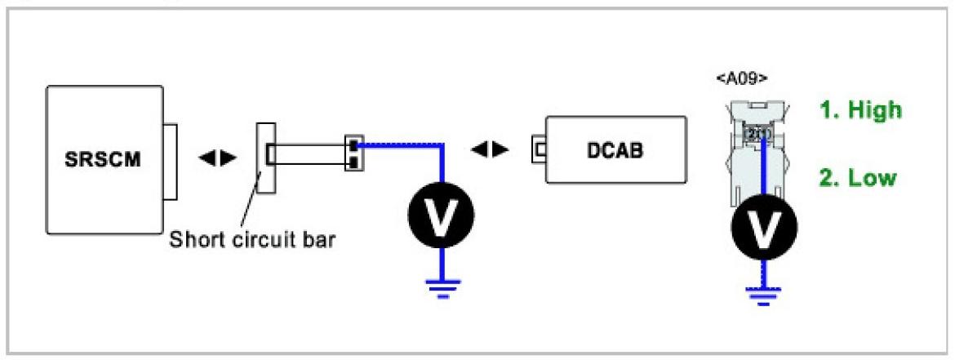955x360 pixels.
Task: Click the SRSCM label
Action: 102,158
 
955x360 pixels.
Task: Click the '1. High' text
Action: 860,110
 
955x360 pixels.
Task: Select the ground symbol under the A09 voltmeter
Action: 764,293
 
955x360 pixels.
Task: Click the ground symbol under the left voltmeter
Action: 442,287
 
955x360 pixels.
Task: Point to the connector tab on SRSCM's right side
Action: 170,160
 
